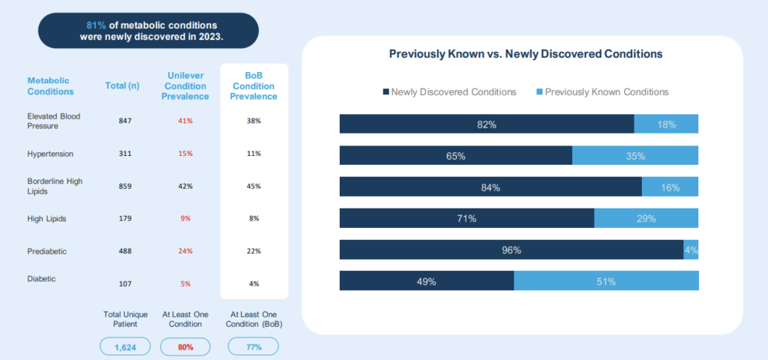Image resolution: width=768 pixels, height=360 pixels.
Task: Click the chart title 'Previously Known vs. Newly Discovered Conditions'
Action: coord(525,55)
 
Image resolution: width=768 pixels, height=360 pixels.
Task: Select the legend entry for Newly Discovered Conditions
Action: coord(449,92)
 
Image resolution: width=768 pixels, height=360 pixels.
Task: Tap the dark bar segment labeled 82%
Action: coord(487,124)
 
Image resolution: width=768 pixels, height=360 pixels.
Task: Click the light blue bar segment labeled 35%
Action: coord(635,156)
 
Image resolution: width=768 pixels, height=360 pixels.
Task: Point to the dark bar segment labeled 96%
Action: coord(511,250)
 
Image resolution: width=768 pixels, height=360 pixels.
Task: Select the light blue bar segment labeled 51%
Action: coord(606,281)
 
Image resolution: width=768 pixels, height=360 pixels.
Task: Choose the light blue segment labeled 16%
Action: coord(670,187)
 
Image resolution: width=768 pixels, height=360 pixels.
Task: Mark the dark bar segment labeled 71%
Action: coord(466,218)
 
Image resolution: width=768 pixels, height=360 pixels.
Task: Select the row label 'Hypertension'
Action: coord(50,154)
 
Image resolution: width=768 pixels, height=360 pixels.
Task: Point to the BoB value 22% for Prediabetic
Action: coord(254,250)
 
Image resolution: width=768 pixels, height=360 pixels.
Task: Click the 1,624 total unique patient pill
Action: coord(124,347)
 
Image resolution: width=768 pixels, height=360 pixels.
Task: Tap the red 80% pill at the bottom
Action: coord(186,347)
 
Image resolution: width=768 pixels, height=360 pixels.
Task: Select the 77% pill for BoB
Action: coord(253,347)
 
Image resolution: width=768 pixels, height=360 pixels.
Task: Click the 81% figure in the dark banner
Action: coord(94,24)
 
